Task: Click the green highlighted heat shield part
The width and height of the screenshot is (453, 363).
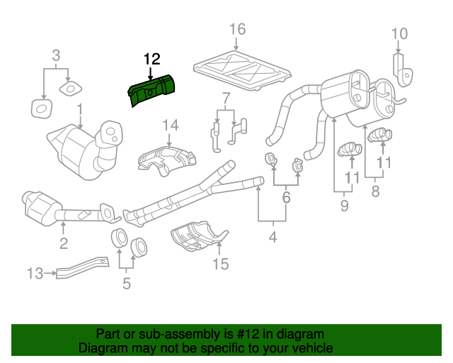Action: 151,91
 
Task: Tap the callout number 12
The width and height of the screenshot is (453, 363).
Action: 152,59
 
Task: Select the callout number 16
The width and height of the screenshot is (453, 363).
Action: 237,29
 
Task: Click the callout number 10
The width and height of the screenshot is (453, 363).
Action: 399,33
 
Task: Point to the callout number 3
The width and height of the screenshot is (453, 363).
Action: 56,55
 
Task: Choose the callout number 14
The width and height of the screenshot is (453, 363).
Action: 171,126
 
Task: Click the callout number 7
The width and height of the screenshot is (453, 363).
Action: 225,99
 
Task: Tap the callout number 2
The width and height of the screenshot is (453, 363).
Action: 63,245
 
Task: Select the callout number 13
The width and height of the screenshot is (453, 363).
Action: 35,273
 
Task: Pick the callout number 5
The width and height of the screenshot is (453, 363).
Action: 127,284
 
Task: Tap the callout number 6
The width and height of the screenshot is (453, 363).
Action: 286,198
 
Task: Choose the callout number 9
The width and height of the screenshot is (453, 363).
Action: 344,206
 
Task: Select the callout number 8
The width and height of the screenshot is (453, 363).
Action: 376,190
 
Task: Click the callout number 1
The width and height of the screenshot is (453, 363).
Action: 80,111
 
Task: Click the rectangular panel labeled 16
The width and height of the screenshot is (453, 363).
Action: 243,69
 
